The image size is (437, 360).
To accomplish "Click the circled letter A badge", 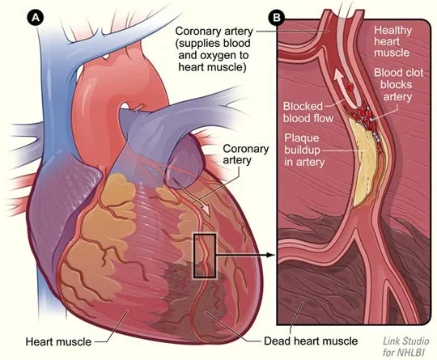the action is (36, 18).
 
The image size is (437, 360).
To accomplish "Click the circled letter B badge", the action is (277, 18).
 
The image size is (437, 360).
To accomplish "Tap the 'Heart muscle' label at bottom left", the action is (58, 341).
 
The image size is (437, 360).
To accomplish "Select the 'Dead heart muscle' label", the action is (311, 341).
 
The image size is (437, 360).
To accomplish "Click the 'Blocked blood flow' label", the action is (308, 112).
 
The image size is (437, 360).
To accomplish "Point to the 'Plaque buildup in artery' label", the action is (304, 150).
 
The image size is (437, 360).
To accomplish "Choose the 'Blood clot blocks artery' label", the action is (398, 85).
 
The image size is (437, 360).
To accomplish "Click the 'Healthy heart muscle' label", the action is (392, 41).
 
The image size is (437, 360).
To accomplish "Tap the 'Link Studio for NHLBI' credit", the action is (405, 346).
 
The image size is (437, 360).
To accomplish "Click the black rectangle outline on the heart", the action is (194, 256).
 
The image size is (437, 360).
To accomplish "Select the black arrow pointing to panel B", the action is (245, 255).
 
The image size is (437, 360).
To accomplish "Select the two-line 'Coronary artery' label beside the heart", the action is (245, 155).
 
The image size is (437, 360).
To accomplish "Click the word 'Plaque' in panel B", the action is (302, 138).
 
